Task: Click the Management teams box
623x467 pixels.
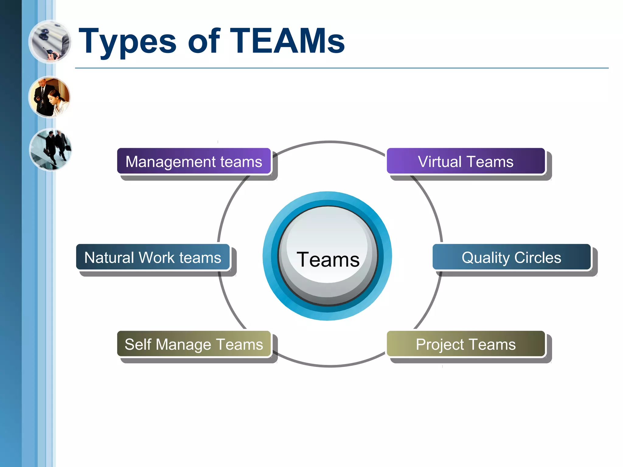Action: (194, 161)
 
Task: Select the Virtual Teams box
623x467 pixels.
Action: (465, 161)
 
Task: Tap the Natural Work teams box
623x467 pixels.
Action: (153, 257)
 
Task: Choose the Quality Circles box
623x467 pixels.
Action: (511, 257)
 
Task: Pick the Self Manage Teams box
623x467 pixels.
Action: (194, 344)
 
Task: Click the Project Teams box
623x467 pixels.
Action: (465, 344)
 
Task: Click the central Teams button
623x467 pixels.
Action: (328, 256)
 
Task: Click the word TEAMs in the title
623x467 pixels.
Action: (287, 41)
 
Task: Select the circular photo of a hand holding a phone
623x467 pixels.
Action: (50, 42)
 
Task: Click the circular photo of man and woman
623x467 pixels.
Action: (50, 97)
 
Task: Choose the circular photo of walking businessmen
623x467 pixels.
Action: (50, 149)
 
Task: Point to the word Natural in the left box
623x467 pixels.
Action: (109, 257)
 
